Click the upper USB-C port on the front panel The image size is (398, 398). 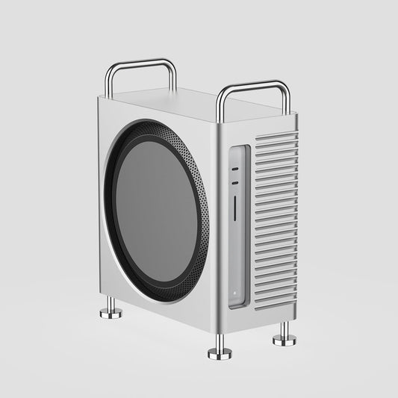coord(235,170)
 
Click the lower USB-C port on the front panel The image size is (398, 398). coord(235,182)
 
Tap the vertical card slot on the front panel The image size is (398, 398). coord(235,208)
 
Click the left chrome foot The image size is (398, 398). coord(111,310)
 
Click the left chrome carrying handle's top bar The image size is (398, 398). coord(141,63)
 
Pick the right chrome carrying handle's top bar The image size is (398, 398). coord(252,86)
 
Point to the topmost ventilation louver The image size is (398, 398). coord(276,137)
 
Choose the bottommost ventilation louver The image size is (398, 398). coord(275,303)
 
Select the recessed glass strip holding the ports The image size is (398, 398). coord(237,224)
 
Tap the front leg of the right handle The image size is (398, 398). coord(220,108)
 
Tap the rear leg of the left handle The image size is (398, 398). coord(174,78)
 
